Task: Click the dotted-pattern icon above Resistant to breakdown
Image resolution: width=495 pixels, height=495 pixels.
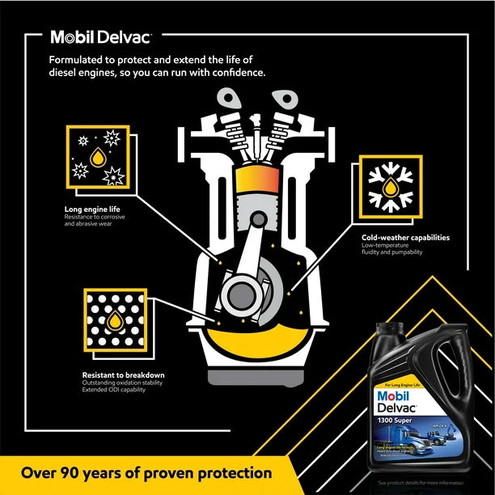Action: [x=114, y=319]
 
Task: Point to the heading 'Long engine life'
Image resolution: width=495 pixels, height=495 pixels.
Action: [x=95, y=209]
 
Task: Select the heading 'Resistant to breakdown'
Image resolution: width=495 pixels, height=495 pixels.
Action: [x=123, y=374]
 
